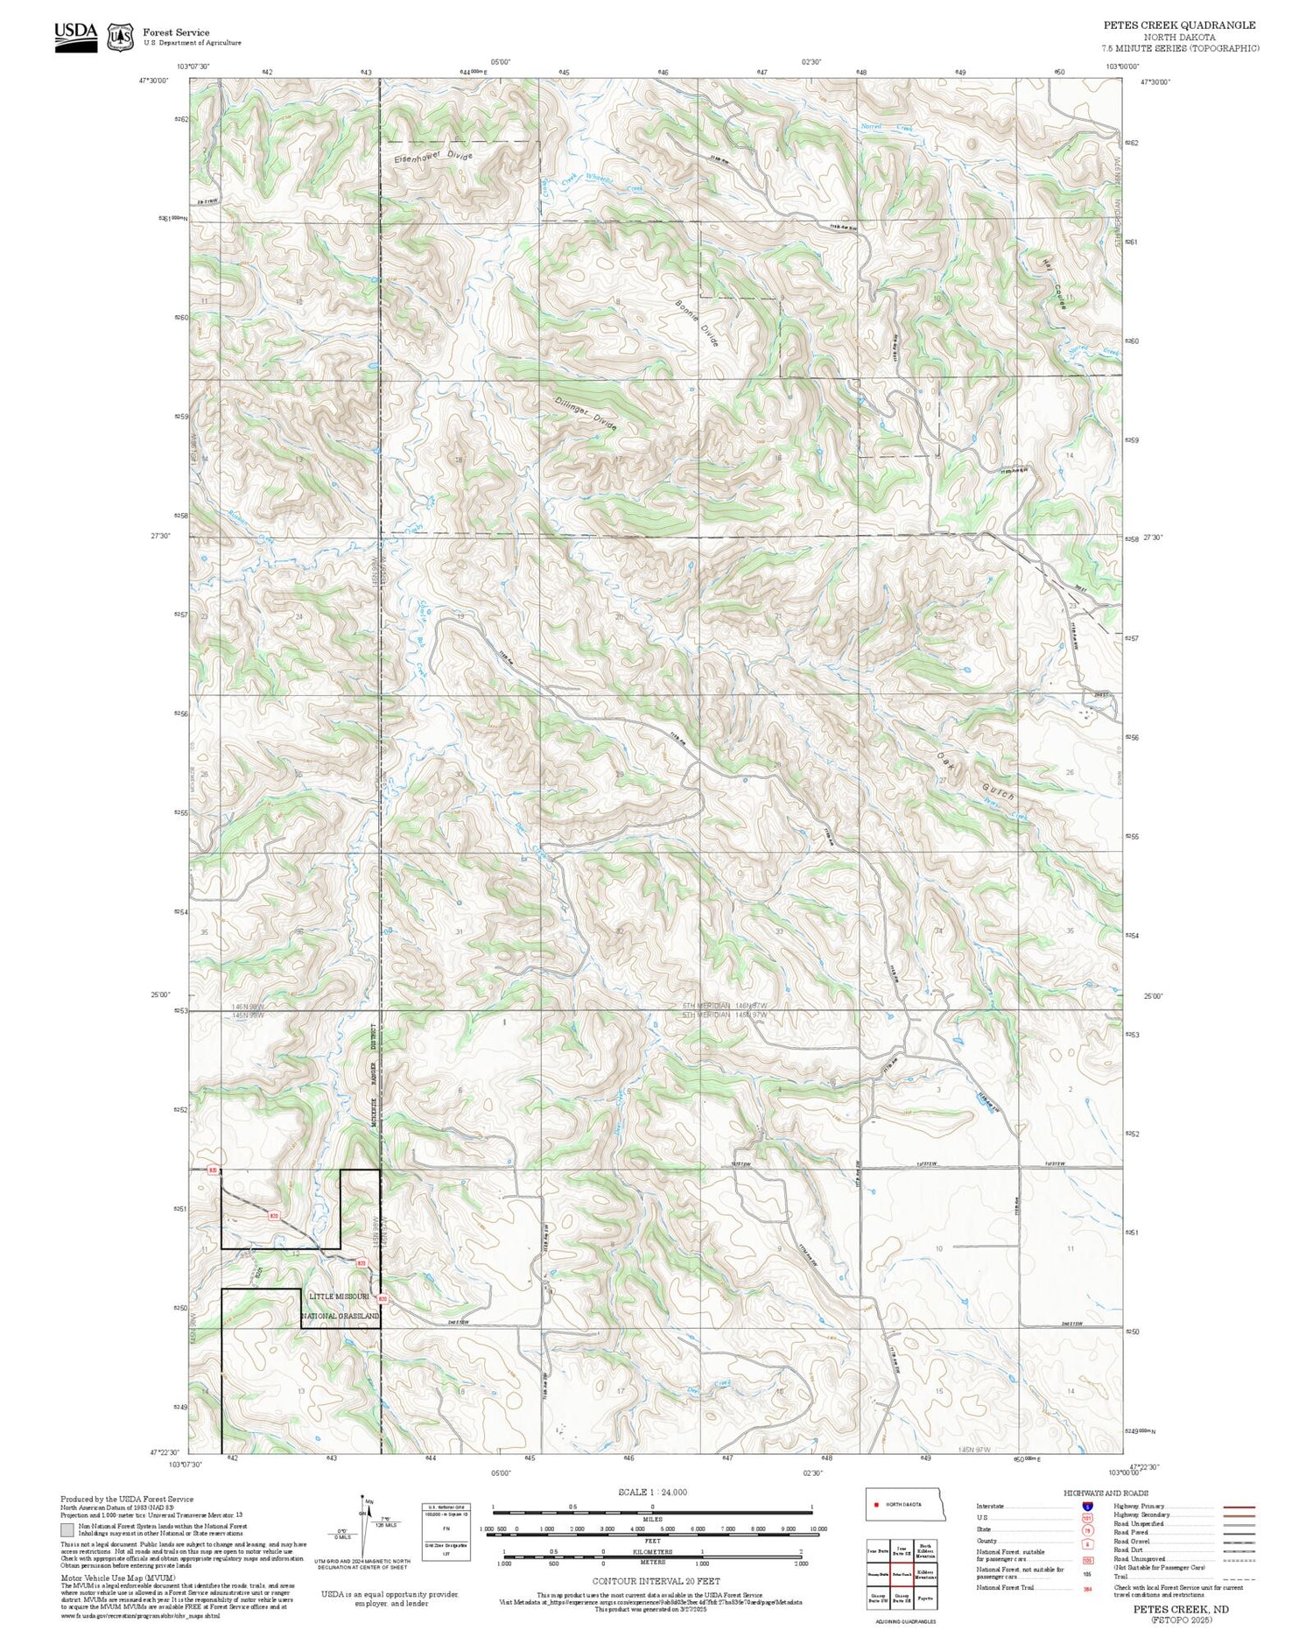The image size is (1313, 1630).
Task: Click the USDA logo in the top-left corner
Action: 75,37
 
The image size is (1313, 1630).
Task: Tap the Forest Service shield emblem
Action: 120,38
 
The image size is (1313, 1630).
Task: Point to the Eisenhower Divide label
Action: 432,158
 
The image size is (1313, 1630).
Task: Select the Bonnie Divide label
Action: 697,324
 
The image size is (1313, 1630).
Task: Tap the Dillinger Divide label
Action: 586,413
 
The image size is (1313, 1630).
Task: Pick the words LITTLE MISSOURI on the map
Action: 340,1296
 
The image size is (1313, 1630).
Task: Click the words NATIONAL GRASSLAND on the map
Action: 340,1316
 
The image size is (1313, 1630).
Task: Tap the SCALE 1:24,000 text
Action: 652,1493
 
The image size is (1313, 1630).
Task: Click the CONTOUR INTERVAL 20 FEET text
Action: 656,1581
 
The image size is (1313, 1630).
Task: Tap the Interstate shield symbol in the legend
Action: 1087,1507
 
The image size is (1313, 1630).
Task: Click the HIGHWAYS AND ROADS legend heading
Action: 1106,1493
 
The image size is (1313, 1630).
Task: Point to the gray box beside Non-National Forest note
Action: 67,1530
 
